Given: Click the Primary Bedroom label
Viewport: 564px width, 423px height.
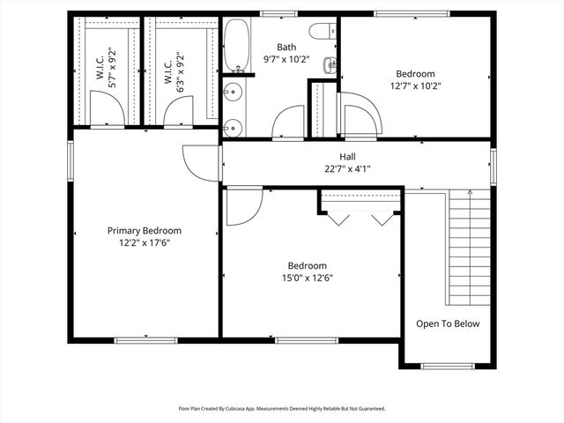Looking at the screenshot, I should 150,230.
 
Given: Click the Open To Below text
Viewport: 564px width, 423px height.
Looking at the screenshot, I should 448,323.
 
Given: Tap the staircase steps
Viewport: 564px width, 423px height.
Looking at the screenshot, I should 470,247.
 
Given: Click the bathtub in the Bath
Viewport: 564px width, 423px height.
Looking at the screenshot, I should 236,45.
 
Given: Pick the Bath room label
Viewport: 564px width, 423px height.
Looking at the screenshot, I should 286,48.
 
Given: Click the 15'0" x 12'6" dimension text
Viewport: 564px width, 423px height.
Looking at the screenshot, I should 308,278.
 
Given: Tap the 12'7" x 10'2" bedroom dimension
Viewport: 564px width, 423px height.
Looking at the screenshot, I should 415,86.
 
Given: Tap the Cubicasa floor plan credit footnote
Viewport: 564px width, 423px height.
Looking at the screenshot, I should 282,408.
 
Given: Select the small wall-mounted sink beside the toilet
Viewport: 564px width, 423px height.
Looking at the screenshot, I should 330,63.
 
